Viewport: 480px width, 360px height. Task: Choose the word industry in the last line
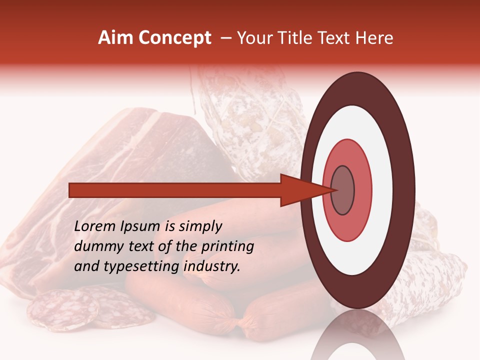pyautogui.click(x=212, y=266)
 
